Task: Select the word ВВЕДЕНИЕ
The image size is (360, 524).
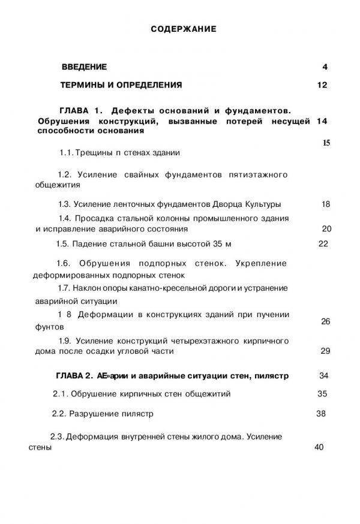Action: point(85,67)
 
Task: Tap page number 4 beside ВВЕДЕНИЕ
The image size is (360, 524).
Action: point(325,67)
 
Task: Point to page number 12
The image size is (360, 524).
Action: point(322,85)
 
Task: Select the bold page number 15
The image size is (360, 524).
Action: point(326,143)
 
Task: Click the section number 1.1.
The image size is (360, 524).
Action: point(66,153)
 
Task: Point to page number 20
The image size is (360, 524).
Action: point(326,228)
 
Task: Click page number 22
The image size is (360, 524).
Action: point(323,244)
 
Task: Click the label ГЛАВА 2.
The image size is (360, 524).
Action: point(73,376)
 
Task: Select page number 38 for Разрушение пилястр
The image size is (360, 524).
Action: point(320,413)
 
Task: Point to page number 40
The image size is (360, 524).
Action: point(319,447)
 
